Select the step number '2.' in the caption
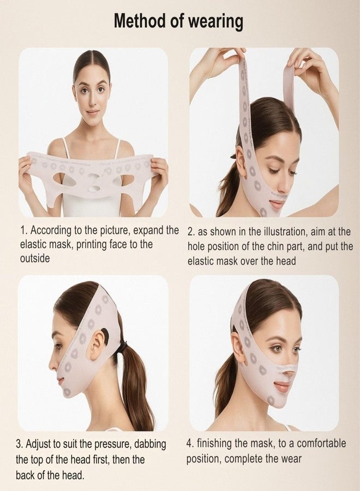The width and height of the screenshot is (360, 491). click(191, 231)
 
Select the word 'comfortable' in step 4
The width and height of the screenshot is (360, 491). click(317, 444)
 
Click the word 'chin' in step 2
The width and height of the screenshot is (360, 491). click(293, 246)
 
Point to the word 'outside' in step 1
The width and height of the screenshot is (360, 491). click(35, 258)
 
